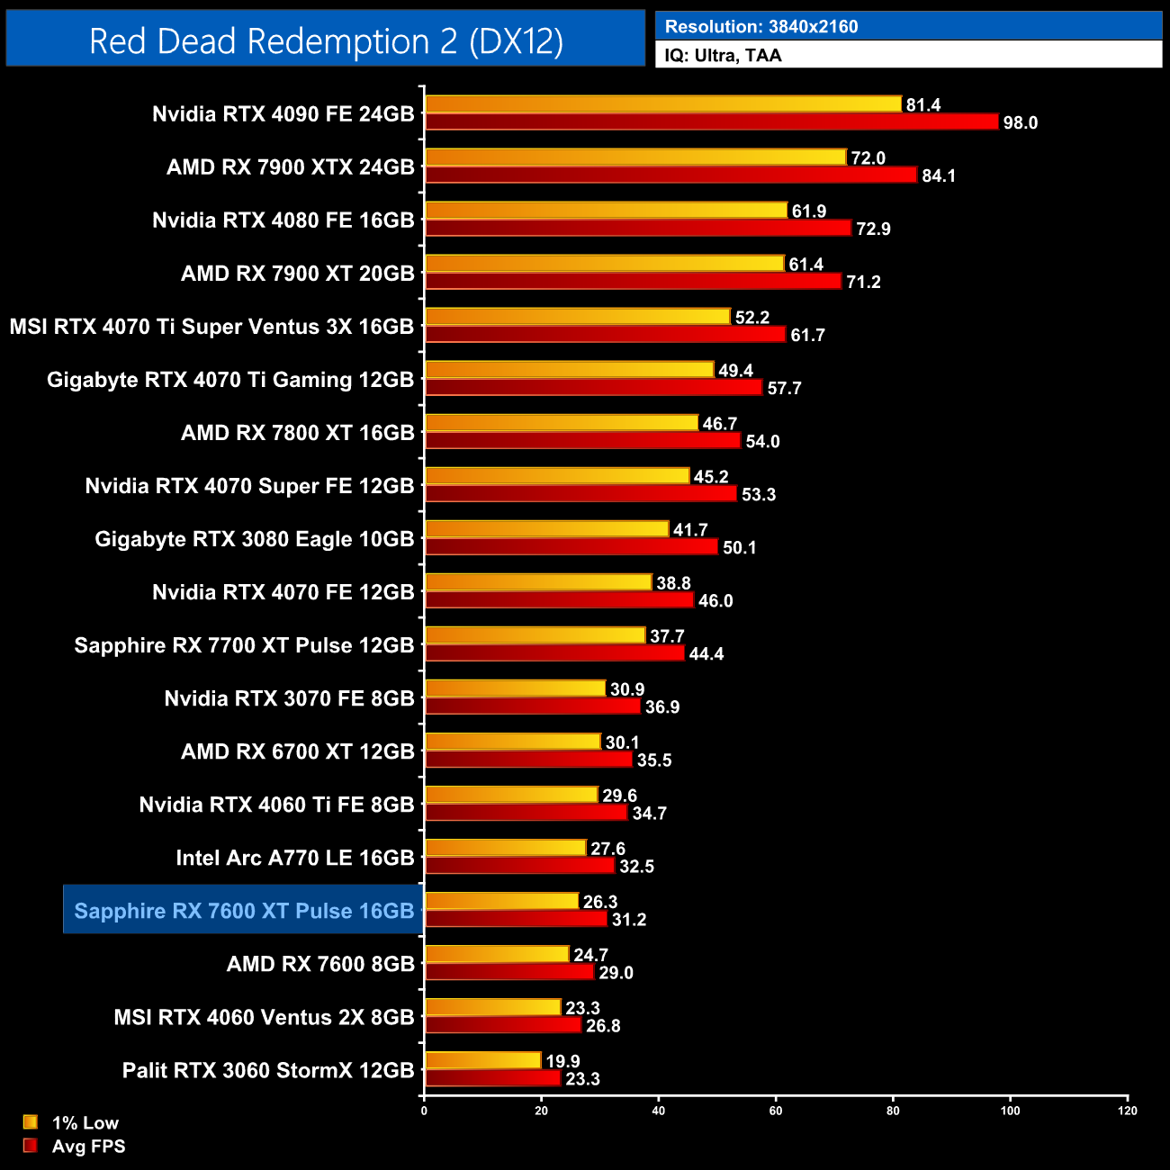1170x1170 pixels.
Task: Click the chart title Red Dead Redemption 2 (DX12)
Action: (326, 41)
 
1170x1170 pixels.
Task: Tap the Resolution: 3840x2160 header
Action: (761, 27)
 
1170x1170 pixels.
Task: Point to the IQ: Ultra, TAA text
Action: (723, 56)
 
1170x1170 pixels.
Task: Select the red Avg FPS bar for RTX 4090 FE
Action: (711, 122)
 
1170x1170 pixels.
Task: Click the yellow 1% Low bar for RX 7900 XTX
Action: (635, 157)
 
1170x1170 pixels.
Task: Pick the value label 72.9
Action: (873, 229)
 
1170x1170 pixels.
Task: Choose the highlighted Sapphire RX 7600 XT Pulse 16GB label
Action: (244, 911)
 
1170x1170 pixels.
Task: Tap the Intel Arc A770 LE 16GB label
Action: (295, 858)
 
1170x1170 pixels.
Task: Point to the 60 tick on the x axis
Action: (776, 1111)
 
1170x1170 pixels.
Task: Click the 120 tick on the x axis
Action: (1128, 1111)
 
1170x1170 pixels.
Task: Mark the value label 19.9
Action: (562, 1061)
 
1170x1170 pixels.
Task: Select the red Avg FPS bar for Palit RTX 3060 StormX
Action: (492, 1078)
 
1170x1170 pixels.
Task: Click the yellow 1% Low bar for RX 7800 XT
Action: (562, 423)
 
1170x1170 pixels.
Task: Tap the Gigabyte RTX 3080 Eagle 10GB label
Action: (255, 539)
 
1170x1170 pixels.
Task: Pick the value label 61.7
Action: (807, 335)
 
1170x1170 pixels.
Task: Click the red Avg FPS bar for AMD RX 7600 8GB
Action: (509, 972)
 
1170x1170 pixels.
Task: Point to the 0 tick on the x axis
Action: (424, 1111)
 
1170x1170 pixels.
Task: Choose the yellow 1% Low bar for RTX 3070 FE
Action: (515, 688)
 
